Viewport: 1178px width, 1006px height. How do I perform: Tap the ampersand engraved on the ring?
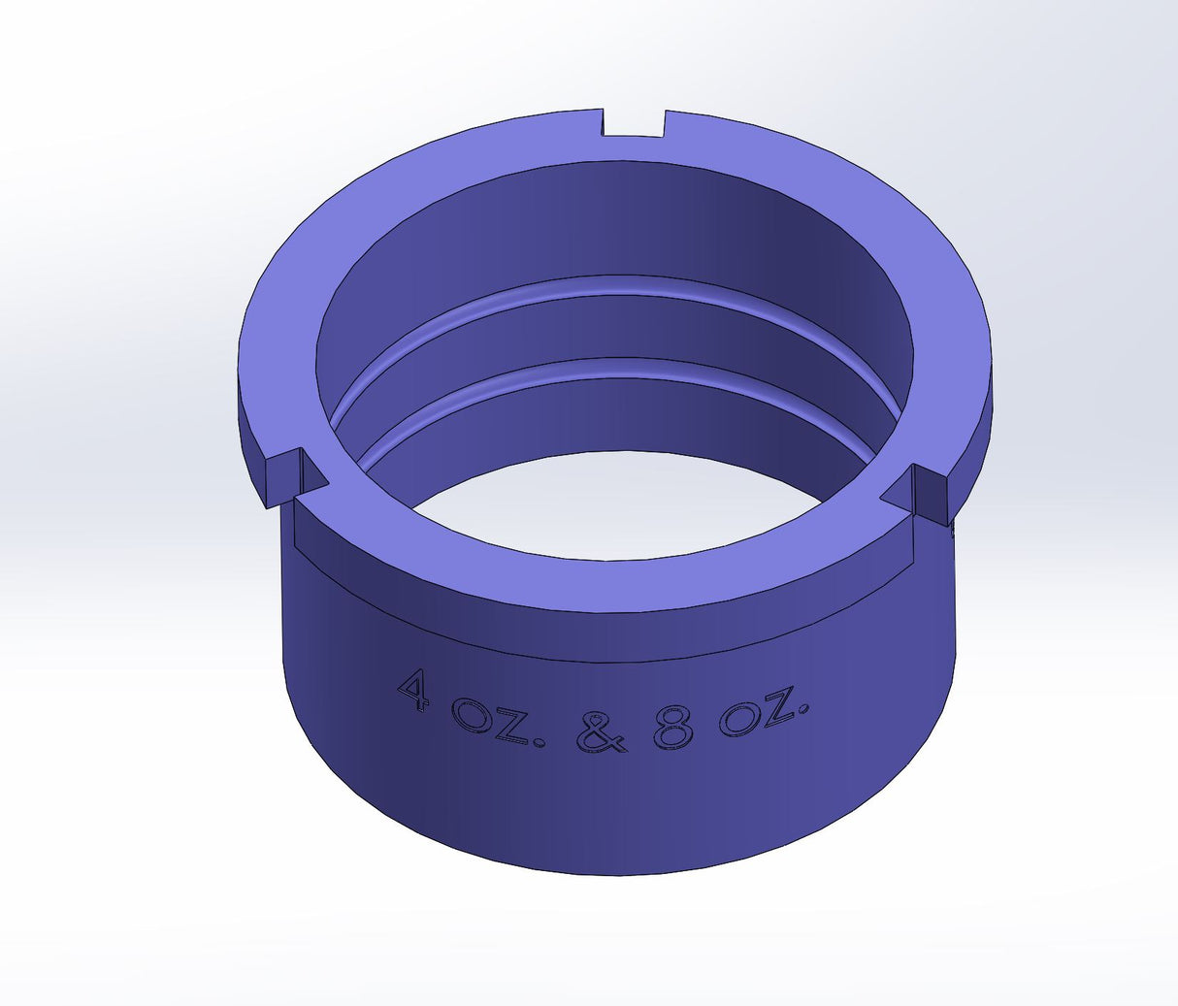(x=602, y=733)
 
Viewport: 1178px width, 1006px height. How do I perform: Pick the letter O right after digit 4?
(x=473, y=717)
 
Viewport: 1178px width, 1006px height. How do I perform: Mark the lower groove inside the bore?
(x=621, y=366)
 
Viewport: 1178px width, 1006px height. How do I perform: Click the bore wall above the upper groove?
(x=621, y=223)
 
